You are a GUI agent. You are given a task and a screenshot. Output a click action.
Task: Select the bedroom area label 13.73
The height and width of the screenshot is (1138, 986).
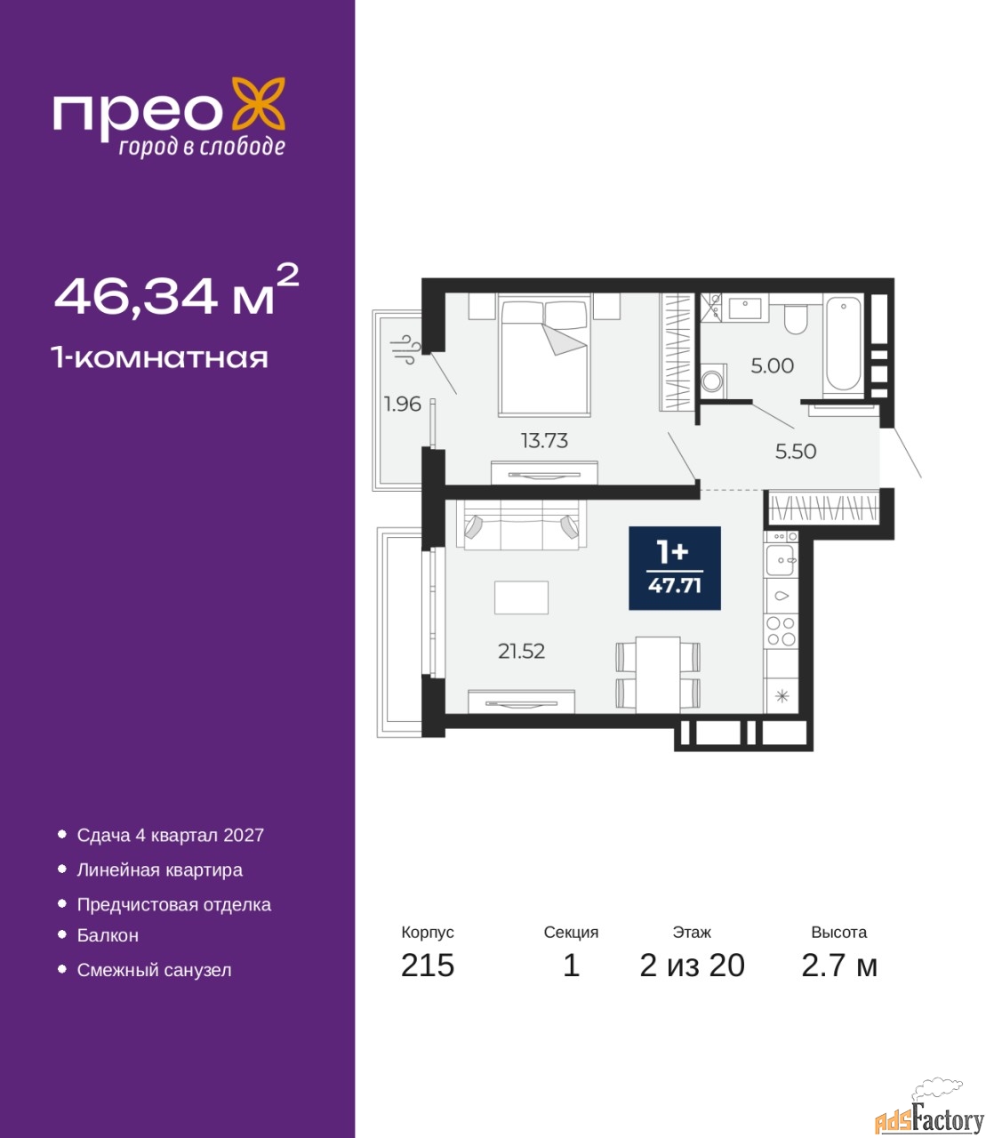pos(544,440)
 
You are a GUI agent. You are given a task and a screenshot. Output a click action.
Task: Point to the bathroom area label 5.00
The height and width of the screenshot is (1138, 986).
pos(772,365)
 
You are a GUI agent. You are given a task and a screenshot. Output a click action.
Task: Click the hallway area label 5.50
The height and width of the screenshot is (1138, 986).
pos(796,452)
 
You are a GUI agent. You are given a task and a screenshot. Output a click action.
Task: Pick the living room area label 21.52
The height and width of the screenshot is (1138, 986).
pos(521,652)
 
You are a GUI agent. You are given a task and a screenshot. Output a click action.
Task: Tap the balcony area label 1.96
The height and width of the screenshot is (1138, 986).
pos(403,405)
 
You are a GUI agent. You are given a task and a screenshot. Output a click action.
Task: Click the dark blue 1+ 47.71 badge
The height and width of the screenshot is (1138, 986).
pos(675,568)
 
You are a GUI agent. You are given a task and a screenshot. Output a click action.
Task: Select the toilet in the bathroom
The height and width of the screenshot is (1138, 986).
pos(796,317)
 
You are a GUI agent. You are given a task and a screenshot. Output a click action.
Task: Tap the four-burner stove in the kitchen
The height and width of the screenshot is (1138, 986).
pos(782,630)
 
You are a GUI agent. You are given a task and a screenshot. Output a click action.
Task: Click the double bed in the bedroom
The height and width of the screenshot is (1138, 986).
pos(543,355)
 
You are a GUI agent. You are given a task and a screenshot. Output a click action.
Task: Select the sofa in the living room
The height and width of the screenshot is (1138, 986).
pos(521,525)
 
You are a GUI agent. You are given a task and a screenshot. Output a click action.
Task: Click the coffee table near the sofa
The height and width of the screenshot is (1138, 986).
pos(521,597)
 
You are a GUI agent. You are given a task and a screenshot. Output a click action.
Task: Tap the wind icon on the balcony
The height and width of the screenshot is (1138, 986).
pos(405,349)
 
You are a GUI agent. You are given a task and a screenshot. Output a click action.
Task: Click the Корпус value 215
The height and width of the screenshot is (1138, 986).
pos(428,981)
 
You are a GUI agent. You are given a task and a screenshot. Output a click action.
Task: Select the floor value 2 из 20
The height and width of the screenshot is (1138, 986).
pos(692,981)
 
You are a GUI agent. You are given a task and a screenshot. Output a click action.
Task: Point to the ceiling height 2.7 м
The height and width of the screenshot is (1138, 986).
pos(839,981)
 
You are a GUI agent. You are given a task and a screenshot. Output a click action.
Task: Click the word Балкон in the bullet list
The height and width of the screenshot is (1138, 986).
pos(108,935)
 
